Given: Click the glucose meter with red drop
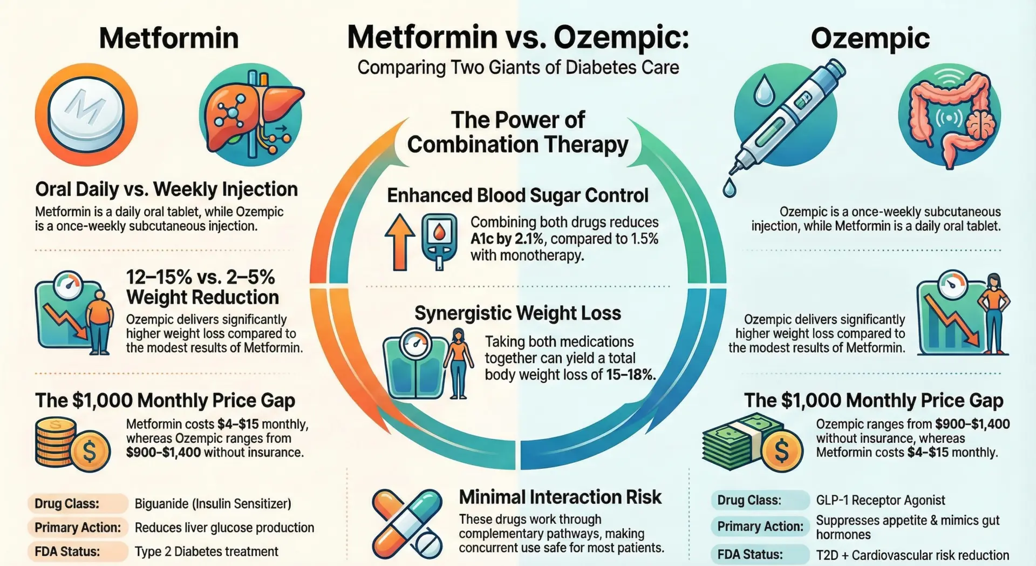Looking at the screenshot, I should coord(439,240).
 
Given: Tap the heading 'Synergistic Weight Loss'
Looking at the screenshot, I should coord(517,313).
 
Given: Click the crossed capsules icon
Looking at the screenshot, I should coord(407,524).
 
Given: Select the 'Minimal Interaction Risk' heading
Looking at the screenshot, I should coord(560,497).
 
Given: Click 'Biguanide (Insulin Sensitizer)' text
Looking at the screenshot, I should coord(213,504).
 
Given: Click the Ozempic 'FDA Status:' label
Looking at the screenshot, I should coord(749,555).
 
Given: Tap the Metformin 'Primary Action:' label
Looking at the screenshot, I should coord(77,528).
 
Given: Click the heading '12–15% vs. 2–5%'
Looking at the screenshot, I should coord(200,277).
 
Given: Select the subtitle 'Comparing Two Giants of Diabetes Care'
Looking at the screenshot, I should coord(518,68).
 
